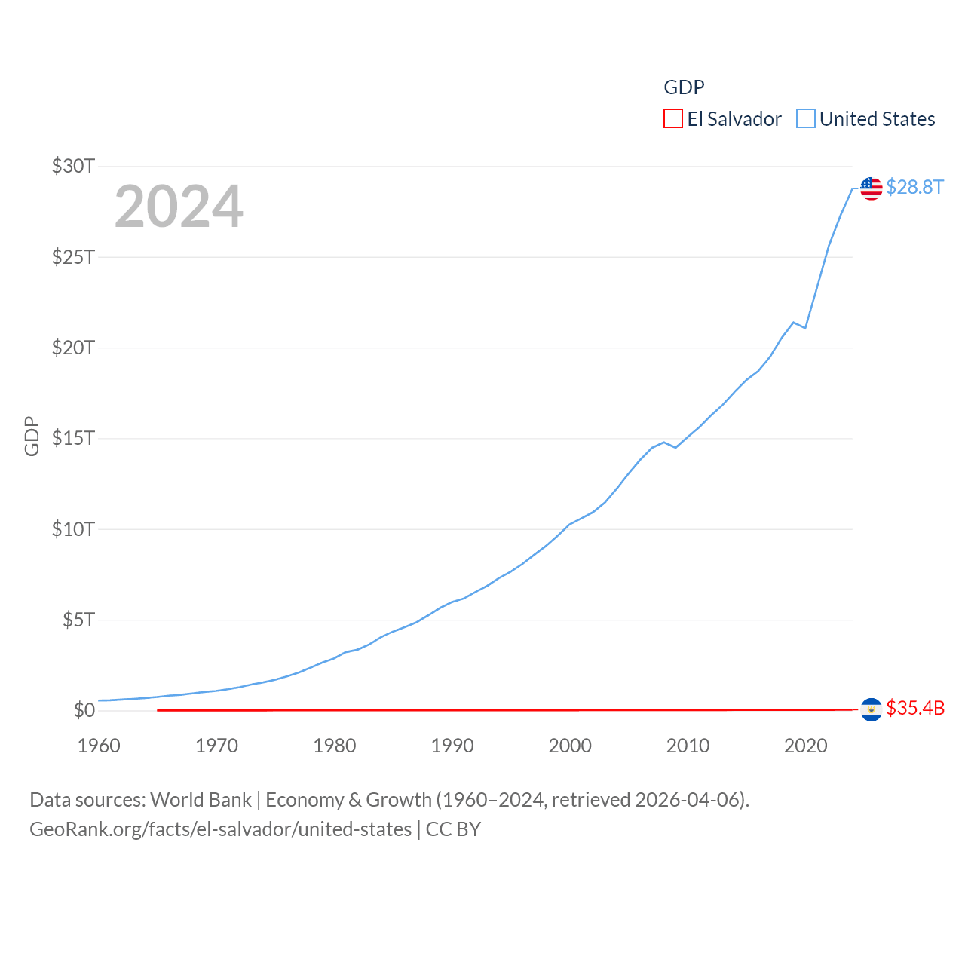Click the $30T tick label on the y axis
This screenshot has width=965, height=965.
(x=73, y=166)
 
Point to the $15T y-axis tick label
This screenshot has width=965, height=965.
(x=73, y=438)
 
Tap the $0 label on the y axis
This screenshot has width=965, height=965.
(x=84, y=710)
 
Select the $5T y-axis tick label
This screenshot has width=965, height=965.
(x=78, y=620)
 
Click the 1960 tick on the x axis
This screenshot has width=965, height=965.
(x=99, y=746)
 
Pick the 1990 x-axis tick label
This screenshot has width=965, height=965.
(x=452, y=746)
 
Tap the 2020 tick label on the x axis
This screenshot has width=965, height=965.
(x=805, y=746)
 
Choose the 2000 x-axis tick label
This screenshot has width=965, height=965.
(x=570, y=746)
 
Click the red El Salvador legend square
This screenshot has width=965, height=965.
(x=672, y=119)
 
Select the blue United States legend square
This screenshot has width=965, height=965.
(x=805, y=119)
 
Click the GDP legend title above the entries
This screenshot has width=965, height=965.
(x=684, y=87)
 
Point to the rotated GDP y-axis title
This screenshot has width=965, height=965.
(x=32, y=436)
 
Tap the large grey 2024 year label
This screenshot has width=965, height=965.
(x=179, y=207)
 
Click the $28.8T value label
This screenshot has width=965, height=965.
(x=914, y=187)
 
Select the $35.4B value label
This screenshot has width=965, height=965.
(x=915, y=708)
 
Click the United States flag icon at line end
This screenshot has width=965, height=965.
(x=871, y=188)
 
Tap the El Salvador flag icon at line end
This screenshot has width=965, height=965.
(x=871, y=709)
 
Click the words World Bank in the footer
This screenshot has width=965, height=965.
(x=201, y=799)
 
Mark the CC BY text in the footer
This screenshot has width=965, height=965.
(x=453, y=829)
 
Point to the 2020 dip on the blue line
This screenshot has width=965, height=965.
(x=805, y=328)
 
